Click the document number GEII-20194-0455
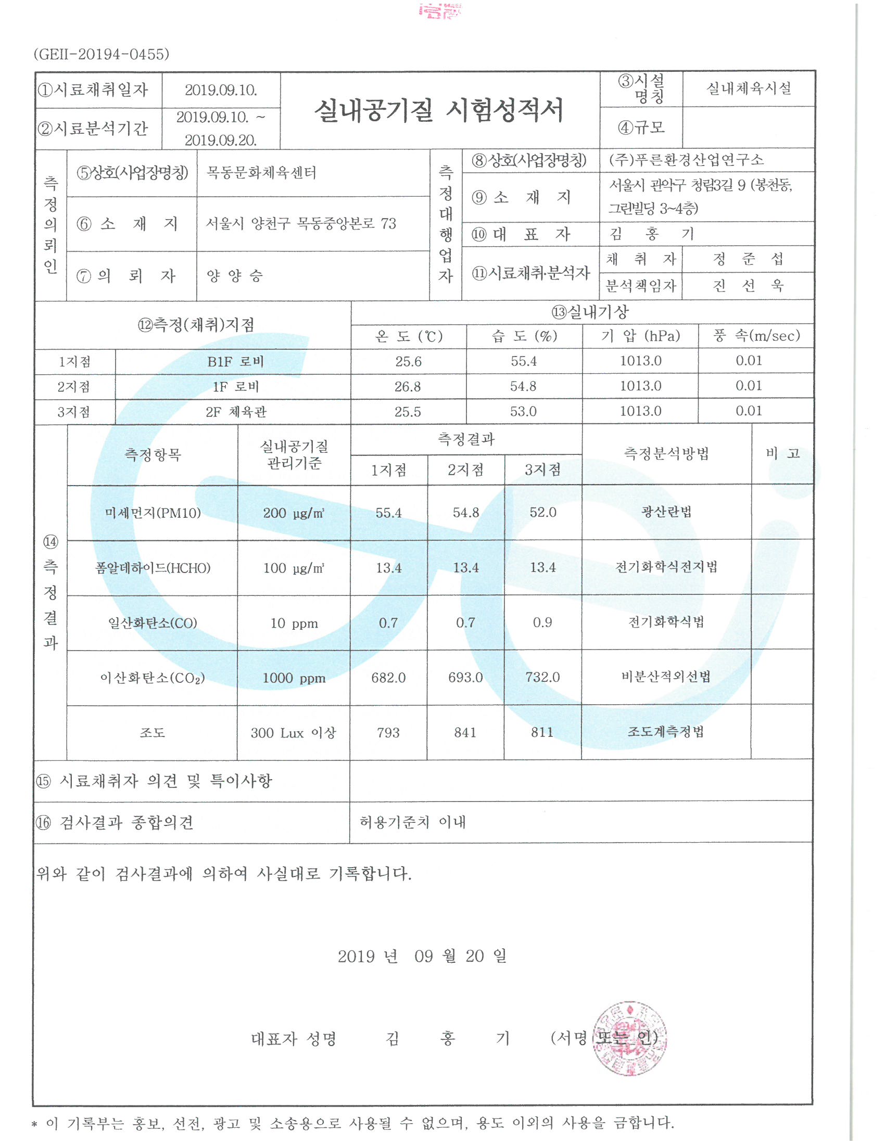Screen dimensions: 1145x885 pos(101,54)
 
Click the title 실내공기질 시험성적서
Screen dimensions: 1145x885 pos(439,110)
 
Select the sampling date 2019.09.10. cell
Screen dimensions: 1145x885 pos(221,90)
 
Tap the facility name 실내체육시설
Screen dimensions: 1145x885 pos(748,88)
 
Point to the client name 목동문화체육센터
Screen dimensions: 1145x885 pos(261,173)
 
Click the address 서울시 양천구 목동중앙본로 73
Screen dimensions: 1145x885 pos(300,224)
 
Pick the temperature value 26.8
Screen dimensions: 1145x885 pos(408,387)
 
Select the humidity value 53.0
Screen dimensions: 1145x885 pos(523,412)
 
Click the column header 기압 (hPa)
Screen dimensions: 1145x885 pos(640,336)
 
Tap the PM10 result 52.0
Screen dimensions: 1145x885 pos(542,512)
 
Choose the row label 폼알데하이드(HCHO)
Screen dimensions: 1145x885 pos(153,568)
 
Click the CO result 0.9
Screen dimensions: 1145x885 pos(542,622)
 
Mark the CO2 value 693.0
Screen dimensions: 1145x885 pos(465,677)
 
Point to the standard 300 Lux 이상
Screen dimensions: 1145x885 pos(293,732)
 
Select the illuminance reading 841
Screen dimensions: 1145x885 pos(465,732)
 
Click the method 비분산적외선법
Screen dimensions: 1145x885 pos(666,677)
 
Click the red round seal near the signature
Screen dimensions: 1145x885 pos(630,1039)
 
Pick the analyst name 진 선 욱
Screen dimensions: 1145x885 pos(748,286)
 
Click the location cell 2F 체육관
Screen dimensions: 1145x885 pos(236,412)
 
